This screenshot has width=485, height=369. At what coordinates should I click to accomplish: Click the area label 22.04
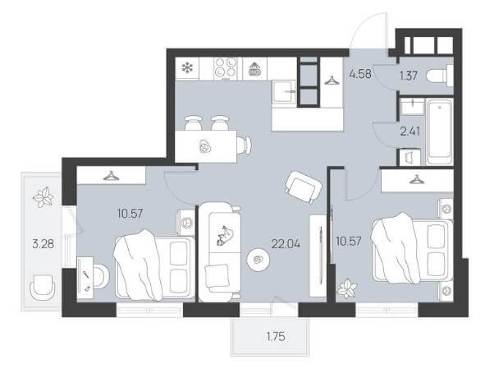[286, 244]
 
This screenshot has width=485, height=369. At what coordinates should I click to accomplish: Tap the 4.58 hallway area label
[360, 75]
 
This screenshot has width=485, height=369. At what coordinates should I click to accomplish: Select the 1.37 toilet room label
[409, 76]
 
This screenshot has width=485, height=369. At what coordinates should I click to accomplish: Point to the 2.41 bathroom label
[410, 131]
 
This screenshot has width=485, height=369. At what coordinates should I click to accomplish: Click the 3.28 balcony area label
[43, 244]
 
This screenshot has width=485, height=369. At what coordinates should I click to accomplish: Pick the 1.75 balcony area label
[276, 336]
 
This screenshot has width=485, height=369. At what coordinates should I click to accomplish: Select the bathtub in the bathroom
[440, 131]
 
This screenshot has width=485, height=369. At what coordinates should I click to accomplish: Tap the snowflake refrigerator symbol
[187, 68]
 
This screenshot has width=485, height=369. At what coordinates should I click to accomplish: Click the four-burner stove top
[226, 68]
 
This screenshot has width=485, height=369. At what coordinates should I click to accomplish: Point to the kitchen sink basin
[284, 91]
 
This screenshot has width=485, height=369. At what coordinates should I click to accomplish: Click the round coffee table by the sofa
[259, 260]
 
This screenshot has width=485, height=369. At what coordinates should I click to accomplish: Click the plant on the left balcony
[43, 196]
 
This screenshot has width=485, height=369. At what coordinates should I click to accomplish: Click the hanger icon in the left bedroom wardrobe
[111, 176]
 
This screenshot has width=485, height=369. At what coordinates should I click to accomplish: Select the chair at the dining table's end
[245, 145]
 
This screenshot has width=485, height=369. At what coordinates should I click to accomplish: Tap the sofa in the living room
[220, 251]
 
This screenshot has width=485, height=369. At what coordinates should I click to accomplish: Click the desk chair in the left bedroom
[100, 276]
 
